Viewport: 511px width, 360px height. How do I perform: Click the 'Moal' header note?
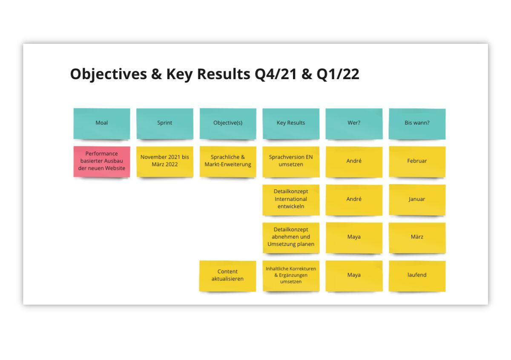[x=102, y=124]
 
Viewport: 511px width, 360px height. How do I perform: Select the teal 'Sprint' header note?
[x=165, y=124]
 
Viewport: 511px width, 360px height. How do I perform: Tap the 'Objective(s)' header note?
[x=228, y=124]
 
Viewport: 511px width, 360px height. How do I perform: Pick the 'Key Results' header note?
[x=291, y=124]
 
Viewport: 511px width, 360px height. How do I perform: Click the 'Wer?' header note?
[x=354, y=124]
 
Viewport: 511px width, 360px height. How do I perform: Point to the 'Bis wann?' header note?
[x=417, y=124]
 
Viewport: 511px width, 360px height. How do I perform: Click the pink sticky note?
[x=102, y=162]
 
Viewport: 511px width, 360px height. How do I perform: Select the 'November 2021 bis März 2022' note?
[x=165, y=162]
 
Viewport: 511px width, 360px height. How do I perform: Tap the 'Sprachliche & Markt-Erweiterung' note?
[x=228, y=162]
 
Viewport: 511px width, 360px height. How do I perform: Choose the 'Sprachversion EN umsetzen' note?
[x=291, y=162]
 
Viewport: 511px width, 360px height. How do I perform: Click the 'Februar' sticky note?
[x=417, y=162]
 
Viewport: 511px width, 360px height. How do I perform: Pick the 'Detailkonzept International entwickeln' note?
[x=291, y=200]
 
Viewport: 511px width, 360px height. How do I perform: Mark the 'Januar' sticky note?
[x=417, y=200]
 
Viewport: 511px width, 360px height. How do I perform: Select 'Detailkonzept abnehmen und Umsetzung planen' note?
[x=291, y=238]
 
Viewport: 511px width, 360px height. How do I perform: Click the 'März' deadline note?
[x=417, y=238]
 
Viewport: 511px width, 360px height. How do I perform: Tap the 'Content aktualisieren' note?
[x=228, y=276]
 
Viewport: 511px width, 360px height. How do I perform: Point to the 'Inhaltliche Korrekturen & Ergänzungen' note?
[x=291, y=276]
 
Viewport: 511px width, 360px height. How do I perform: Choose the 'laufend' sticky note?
[x=417, y=276]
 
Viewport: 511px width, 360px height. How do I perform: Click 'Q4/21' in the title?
[x=276, y=74]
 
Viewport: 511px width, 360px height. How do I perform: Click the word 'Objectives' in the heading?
[x=109, y=74]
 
